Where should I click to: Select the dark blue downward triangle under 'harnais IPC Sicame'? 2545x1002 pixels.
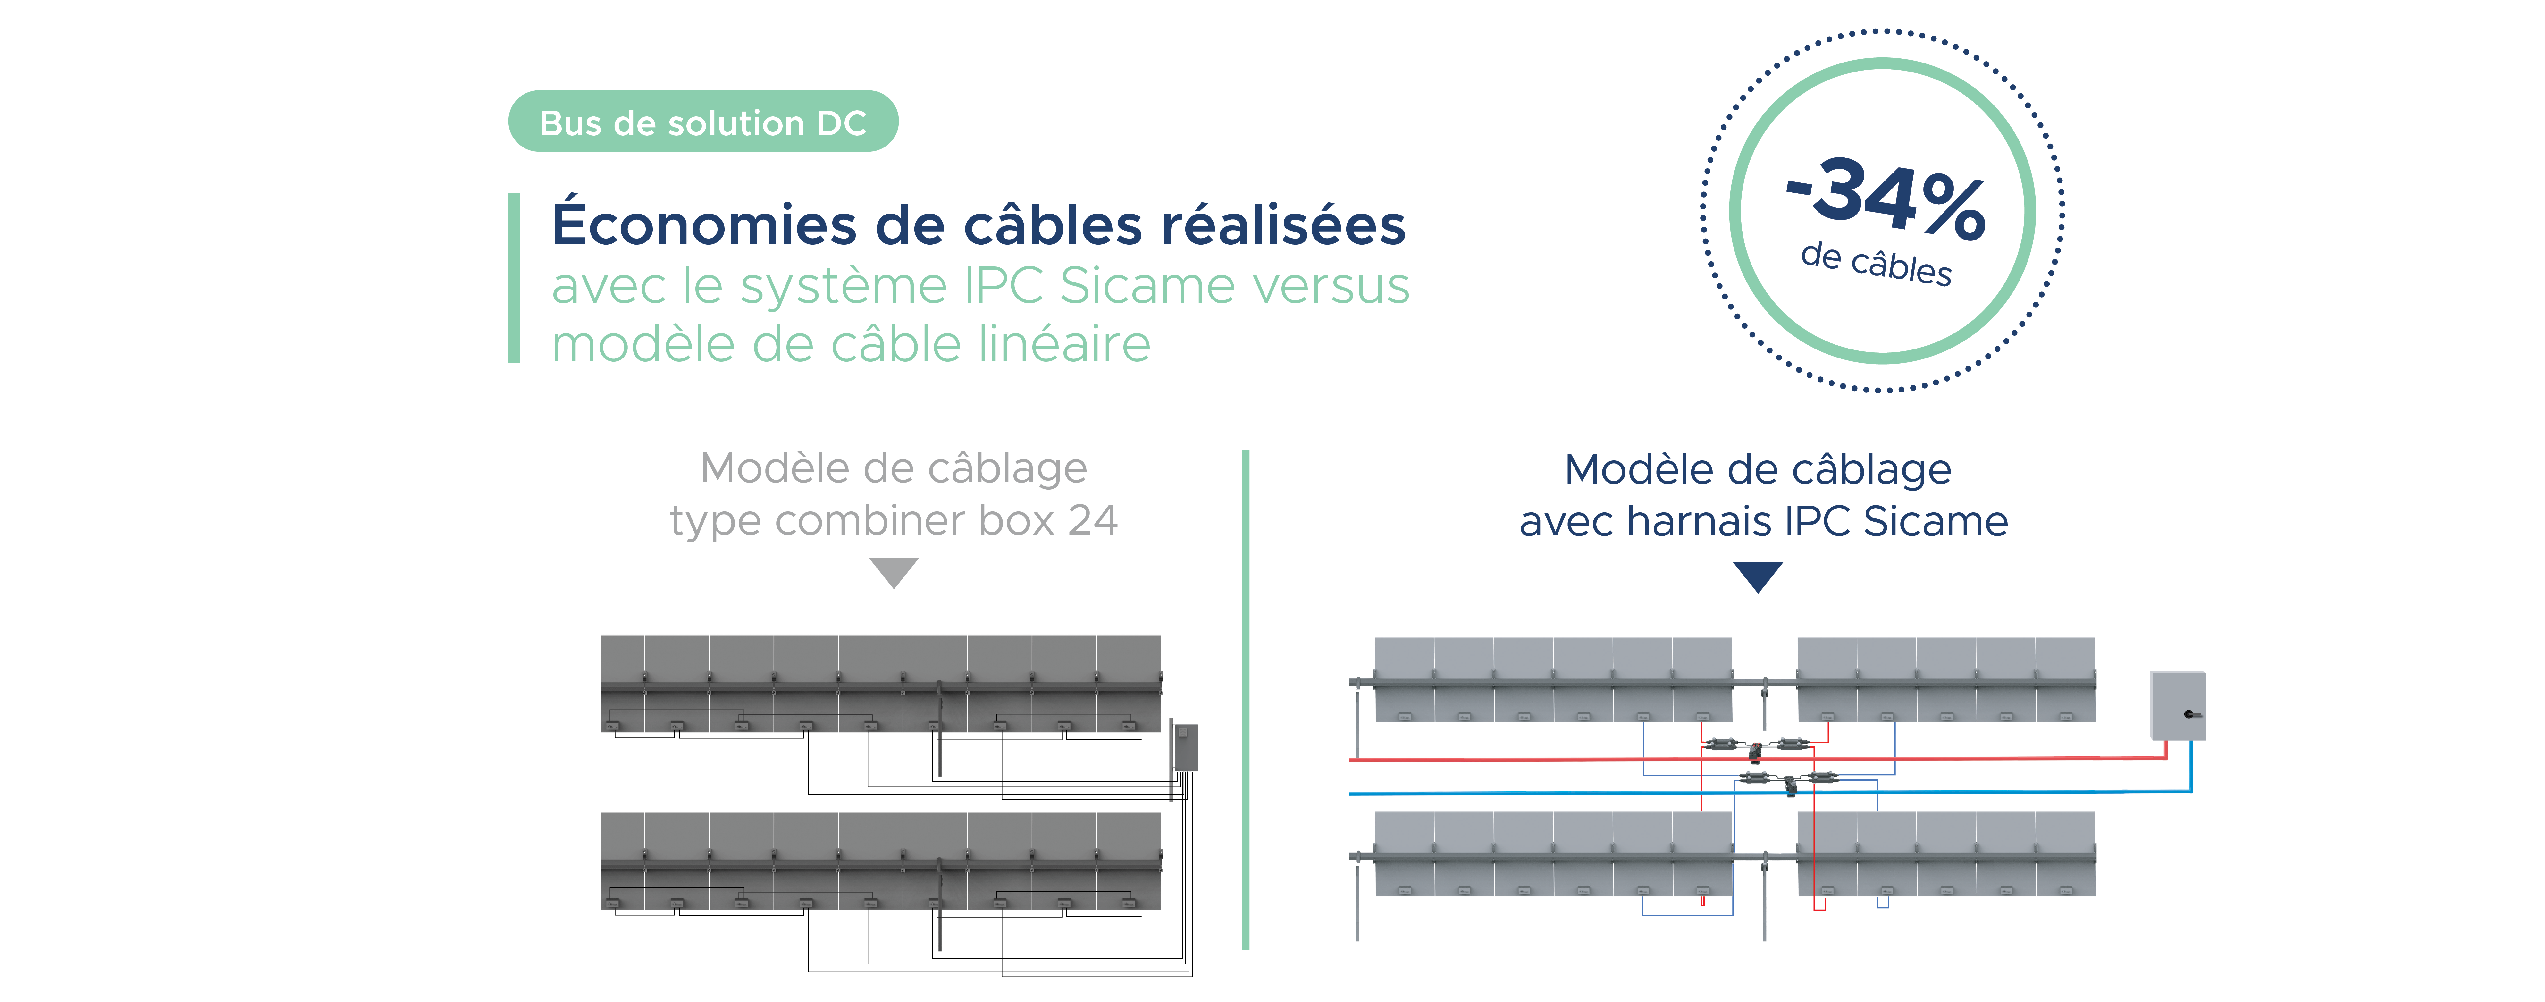(x=1758, y=575)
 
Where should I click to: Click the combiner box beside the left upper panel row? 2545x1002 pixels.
(x=1185, y=746)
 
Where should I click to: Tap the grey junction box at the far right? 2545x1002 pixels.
(x=2178, y=705)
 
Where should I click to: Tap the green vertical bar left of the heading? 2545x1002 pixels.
(x=514, y=278)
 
